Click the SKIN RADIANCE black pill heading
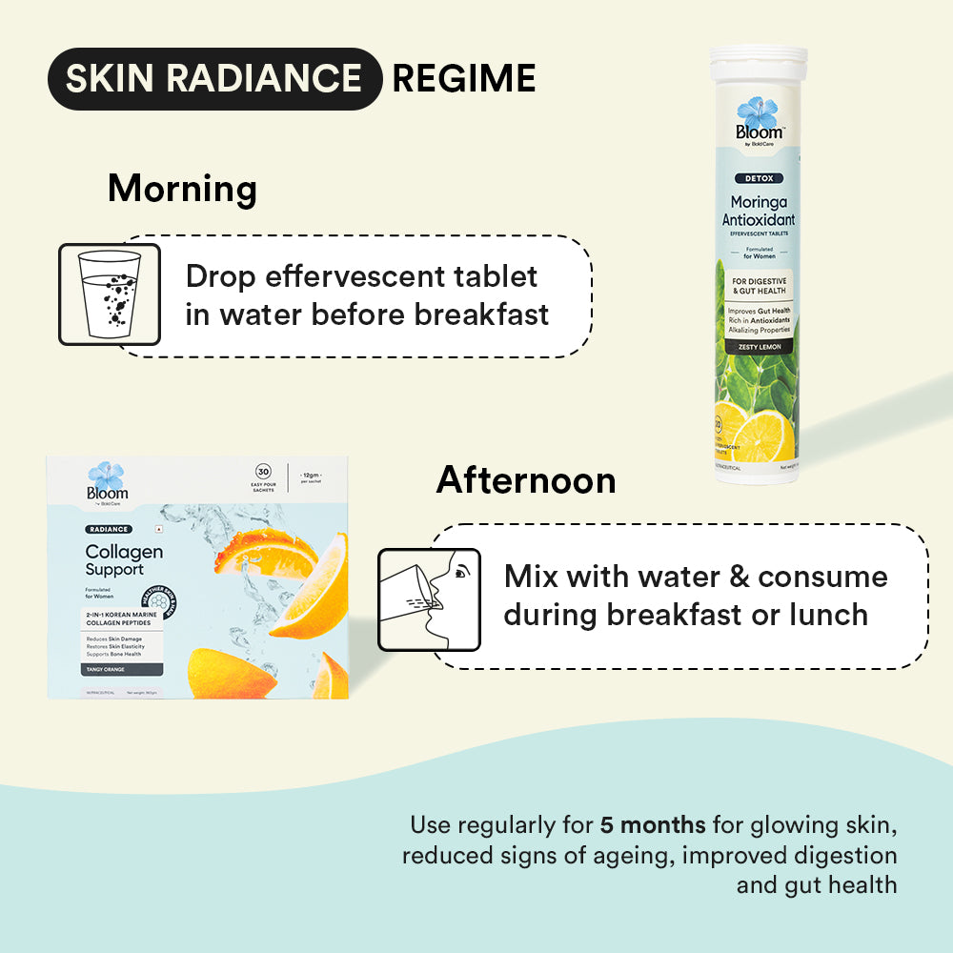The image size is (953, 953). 214,79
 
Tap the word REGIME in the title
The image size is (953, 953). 463,79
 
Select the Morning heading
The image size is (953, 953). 182,189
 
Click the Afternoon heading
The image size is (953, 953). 526,480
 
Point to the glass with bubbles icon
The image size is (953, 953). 99,294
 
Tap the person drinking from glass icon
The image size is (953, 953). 430,599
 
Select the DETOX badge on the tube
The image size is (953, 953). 760,178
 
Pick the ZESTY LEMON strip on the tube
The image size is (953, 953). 760,347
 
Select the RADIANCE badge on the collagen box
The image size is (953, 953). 107,529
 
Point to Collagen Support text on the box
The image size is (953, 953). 124,560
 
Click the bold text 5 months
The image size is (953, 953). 653,824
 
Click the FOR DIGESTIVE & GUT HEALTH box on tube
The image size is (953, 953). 760,285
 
